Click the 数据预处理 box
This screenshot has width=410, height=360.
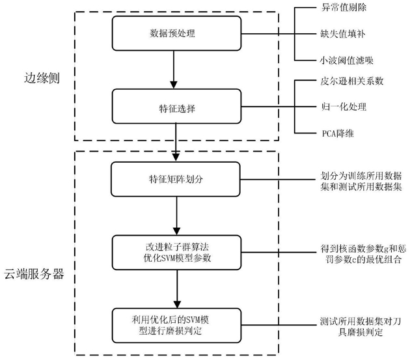pyautogui.click(x=176, y=33)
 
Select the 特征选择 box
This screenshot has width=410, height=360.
pyautogui.click(x=176, y=106)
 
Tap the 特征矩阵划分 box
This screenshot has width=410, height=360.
pyautogui.click(x=176, y=179)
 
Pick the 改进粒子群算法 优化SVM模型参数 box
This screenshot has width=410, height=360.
pyautogui.click(x=176, y=253)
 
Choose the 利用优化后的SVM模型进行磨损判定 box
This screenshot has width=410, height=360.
pyautogui.click(x=176, y=325)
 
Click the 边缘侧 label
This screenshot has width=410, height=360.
pyautogui.click(x=42, y=78)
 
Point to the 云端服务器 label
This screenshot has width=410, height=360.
pyautogui.click(x=34, y=274)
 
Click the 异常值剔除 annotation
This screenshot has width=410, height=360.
pyautogui.click(x=344, y=7)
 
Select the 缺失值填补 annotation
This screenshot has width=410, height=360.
pyautogui.click(x=343, y=34)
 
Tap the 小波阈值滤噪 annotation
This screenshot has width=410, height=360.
pyautogui.click(x=346, y=61)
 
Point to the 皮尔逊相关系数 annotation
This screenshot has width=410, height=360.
pyautogui.click(x=352, y=81)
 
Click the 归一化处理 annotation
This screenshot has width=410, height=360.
pyautogui.click(x=344, y=107)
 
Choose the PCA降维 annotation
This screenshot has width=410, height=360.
pyautogui.click(x=338, y=133)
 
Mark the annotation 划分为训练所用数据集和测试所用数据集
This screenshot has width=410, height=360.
pyautogui.click(x=361, y=181)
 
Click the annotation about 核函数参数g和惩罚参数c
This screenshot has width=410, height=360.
pyautogui.click(x=363, y=254)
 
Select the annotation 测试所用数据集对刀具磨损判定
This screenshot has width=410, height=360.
pyautogui.click(x=361, y=327)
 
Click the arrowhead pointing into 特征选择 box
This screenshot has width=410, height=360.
pyautogui.click(x=174, y=85)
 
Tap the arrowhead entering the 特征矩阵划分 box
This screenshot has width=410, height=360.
pyautogui.click(x=176, y=158)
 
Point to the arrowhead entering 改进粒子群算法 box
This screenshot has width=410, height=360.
pyautogui.click(x=177, y=231)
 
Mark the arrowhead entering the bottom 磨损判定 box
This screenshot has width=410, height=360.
pyautogui.click(x=177, y=304)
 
